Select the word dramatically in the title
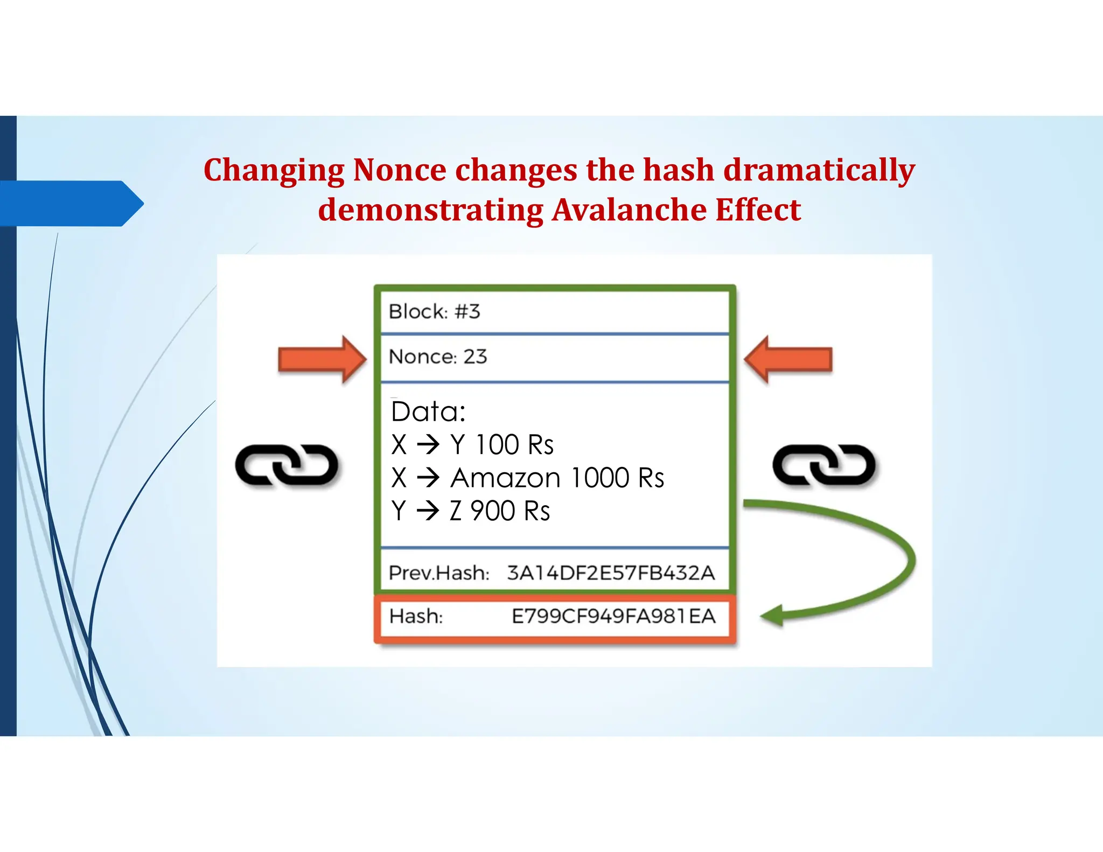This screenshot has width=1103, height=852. (x=819, y=170)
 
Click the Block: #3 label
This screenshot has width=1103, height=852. (x=434, y=312)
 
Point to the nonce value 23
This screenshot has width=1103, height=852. (x=475, y=357)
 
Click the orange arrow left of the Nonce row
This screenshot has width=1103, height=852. (x=322, y=359)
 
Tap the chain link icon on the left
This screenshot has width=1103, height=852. (x=287, y=465)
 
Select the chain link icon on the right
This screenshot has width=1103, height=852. (x=823, y=465)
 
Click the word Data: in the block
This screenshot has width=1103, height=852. (x=428, y=412)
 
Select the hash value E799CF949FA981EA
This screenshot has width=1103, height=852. (x=613, y=616)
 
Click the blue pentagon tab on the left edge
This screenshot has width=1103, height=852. (x=70, y=204)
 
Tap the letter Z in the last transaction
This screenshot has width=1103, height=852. (x=456, y=511)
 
